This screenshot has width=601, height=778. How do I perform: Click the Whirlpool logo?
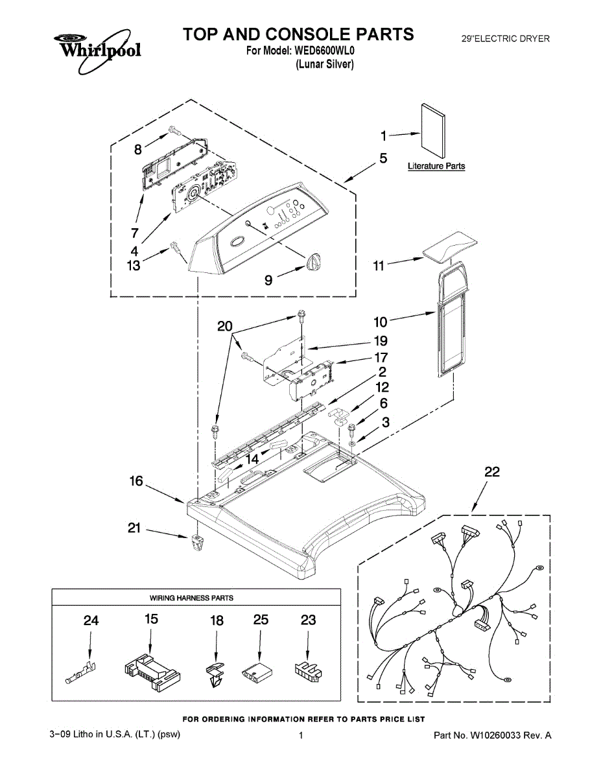(97, 49)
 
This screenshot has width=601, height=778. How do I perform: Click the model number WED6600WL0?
(324, 51)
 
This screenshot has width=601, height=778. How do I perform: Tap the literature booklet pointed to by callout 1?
(433, 131)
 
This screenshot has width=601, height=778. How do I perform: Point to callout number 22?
(492, 471)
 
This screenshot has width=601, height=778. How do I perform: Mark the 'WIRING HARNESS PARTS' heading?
(191, 598)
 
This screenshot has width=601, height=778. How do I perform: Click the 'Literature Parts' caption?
(436, 166)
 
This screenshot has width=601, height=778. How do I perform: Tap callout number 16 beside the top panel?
(136, 481)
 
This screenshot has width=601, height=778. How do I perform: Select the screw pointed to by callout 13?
(174, 246)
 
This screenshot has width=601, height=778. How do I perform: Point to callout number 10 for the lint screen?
(381, 322)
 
